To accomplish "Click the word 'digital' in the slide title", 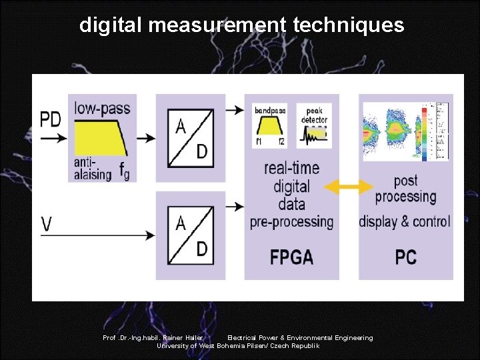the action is [x=111, y=25].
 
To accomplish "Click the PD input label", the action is [x=51, y=119].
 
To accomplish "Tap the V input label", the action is [x=47, y=224].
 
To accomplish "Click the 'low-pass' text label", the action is [x=102, y=107].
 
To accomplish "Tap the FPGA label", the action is [x=291, y=257].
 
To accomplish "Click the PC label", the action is [x=405, y=257].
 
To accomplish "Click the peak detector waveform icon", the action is [x=313, y=135].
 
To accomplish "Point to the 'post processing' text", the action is [x=405, y=188].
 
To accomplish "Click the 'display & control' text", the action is [x=405, y=221].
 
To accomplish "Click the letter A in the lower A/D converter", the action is [x=180, y=223].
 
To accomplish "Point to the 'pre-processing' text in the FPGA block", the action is [x=291, y=221].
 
